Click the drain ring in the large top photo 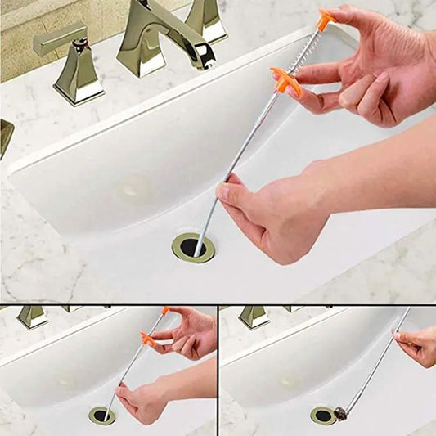(x=193, y=247)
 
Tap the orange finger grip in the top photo (x=286, y=81)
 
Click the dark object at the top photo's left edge (x=5, y=135)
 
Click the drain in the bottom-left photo (x=102, y=415)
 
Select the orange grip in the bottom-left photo (x=147, y=339)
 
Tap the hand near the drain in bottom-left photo (x=143, y=401)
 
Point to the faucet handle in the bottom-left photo (x=33, y=316)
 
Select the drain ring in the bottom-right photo (x=323, y=416)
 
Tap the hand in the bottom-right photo (x=417, y=344)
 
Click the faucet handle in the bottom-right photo (x=254, y=316)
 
